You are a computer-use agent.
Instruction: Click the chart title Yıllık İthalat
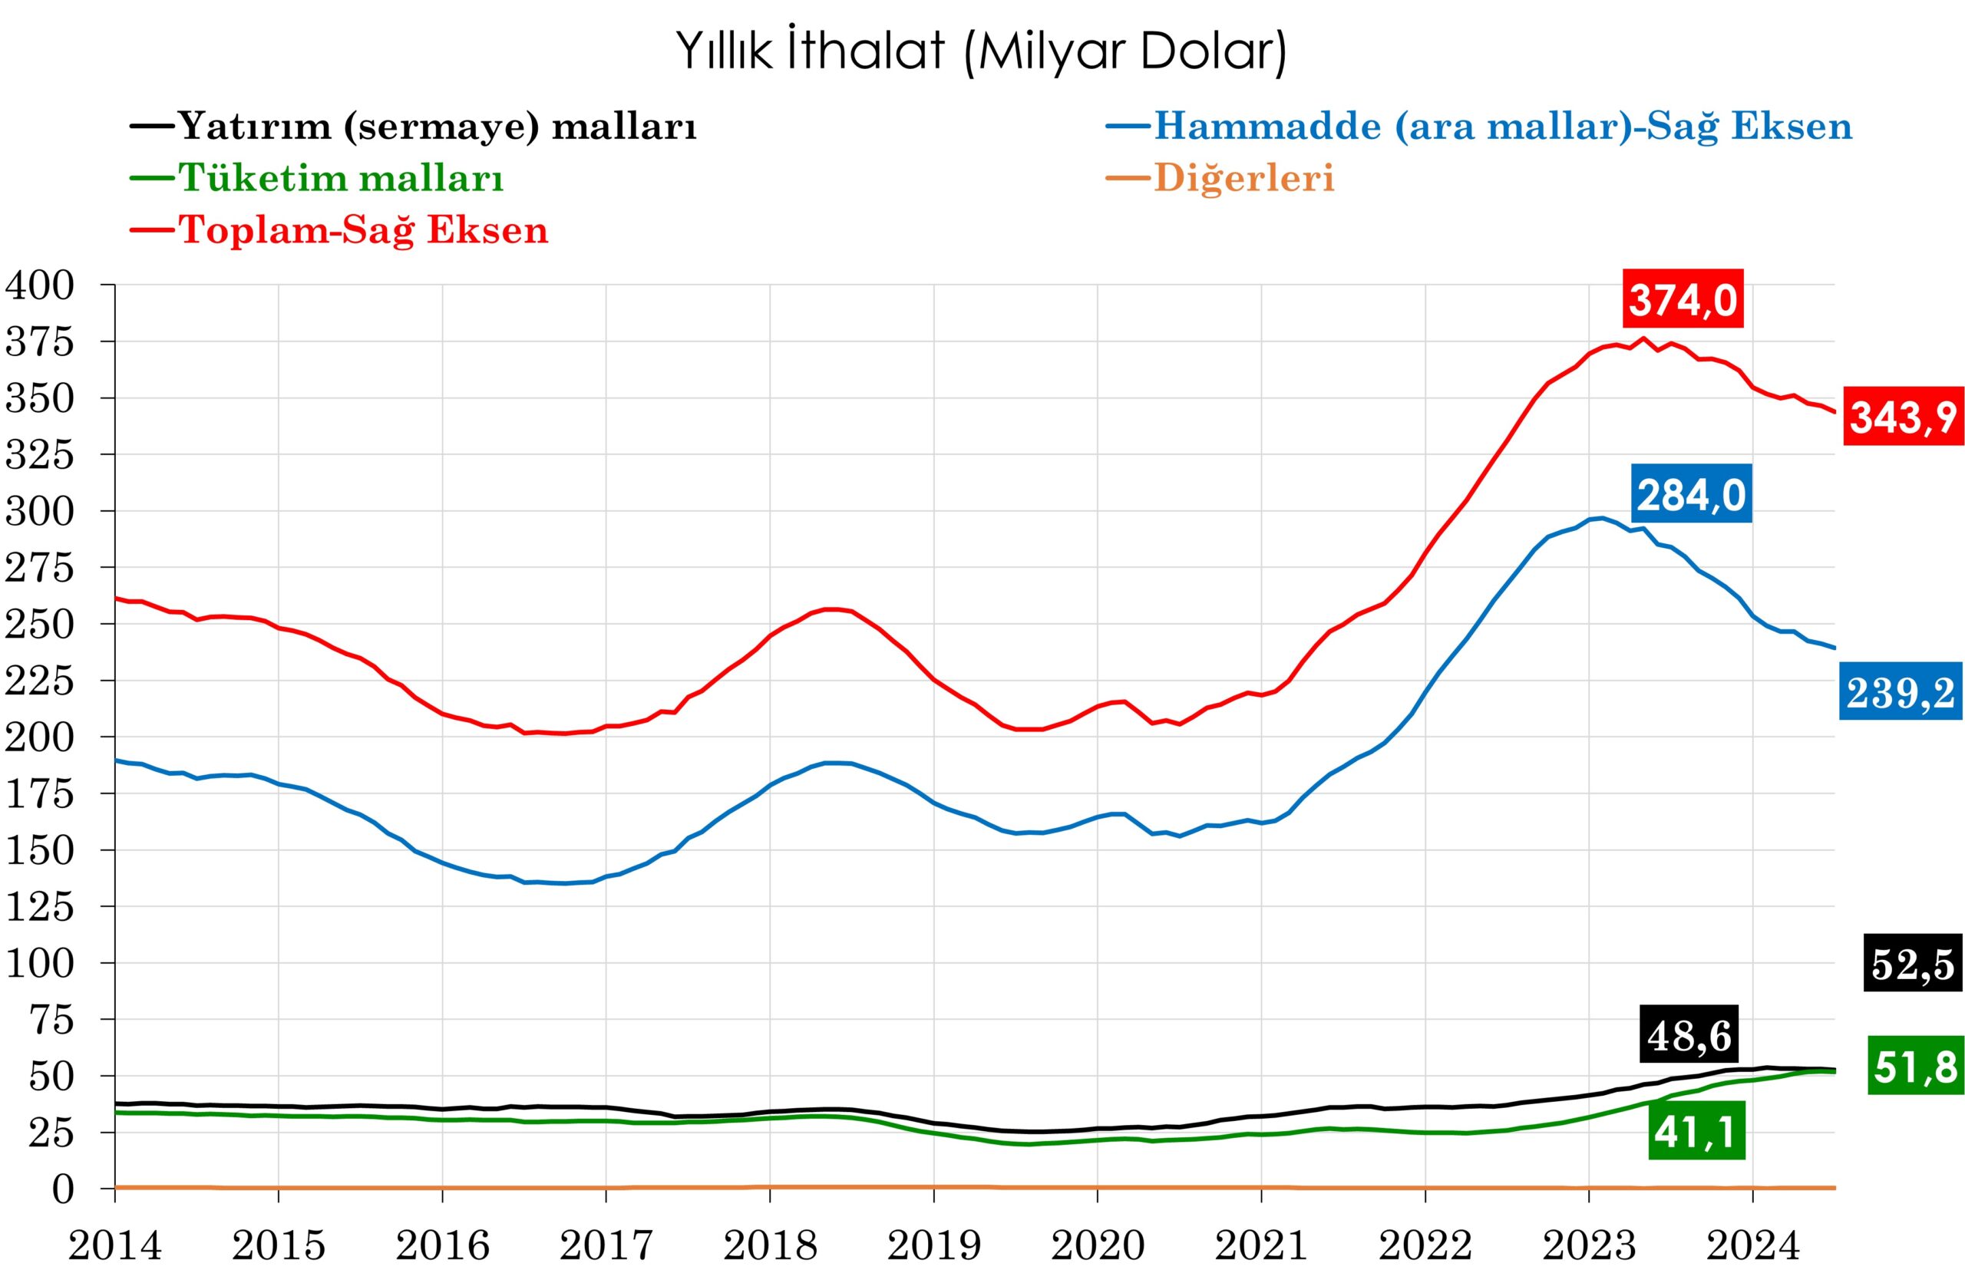(x=982, y=51)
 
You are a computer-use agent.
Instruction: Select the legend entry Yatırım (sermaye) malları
(x=438, y=127)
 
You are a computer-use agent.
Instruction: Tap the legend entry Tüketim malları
(x=341, y=177)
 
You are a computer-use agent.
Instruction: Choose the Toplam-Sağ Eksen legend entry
(x=363, y=229)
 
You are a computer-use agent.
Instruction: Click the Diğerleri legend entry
(x=1243, y=177)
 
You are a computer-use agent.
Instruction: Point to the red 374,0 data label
(x=1683, y=298)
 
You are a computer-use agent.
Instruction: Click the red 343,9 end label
(x=1903, y=417)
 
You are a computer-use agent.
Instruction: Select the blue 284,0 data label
(x=1691, y=496)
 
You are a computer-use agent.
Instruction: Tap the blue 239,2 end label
(x=1901, y=692)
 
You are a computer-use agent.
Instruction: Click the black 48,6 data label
(x=1689, y=1034)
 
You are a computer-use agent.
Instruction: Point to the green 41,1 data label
(x=1696, y=1132)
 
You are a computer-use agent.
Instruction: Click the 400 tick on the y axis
(x=40, y=285)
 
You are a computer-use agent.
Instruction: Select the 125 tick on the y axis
(x=40, y=907)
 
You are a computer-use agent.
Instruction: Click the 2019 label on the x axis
(x=934, y=1245)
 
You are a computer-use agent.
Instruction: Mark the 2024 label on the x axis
(x=1753, y=1245)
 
